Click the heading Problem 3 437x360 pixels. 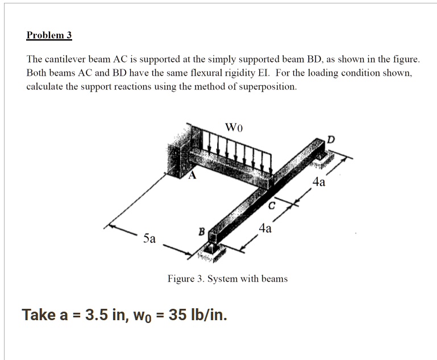pyautogui.click(x=49, y=35)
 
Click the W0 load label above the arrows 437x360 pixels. pyautogui.click(x=234, y=126)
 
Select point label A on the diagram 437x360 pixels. pyautogui.click(x=192, y=176)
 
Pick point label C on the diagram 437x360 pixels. pyautogui.click(x=272, y=205)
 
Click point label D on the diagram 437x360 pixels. pyautogui.click(x=331, y=140)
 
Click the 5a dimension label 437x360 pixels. pyautogui.click(x=149, y=238)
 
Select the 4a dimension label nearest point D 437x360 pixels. pyautogui.click(x=319, y=183)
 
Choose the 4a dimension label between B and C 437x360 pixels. pyautogui.click(x=265, y=229)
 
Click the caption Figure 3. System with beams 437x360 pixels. pyautogui.click(x=227, y=279)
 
